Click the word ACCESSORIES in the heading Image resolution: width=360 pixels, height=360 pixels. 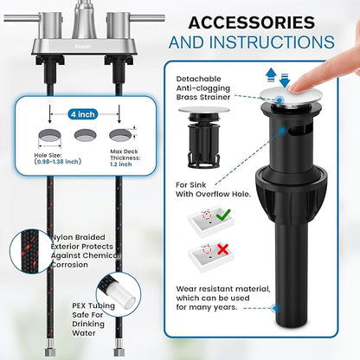pyautogui.click(x=252, y=22)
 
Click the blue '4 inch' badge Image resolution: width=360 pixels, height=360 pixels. pyautogui.click(x=83, y=114)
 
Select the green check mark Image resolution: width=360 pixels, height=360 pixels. pyautogui.click(x=223, y=215)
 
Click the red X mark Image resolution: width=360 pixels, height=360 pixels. pyautogui.click(x=222, y=249)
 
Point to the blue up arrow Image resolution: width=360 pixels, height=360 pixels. pyautogui.click(x=271, y=74)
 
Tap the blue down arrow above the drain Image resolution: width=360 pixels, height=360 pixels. pyautogui.click(x=285, y=80)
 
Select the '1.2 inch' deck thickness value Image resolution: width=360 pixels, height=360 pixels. pyautogui.click(x=121, y=164)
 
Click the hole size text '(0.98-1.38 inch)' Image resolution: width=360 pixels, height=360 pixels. pyautogui.click(x=58, y=162)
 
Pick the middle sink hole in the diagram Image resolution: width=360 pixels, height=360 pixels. pyautogui.click(x=85, y=135)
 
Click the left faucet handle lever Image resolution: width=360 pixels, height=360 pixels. pyautogui.click(x=22, y=18)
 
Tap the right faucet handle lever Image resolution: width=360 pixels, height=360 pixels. pyautogui.click(x=147, y=18)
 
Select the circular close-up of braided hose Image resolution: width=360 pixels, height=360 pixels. pyautogui.click(x=28, y=252)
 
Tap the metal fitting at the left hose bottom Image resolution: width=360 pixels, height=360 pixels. pyautogui.click(x=49, y=347)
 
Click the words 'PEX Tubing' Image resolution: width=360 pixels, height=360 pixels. pyautogui.click(x=93, y=305)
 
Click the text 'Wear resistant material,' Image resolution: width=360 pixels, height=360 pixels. pyautogui.click(x=223, y=289)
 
